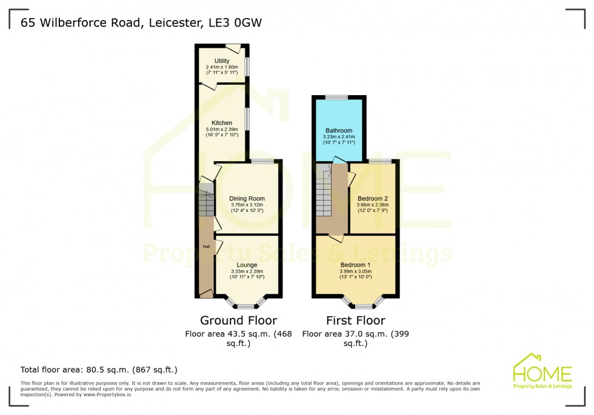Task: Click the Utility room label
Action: pos(222,61)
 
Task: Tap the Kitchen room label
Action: pos(222,123)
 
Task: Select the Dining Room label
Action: pos(247,198)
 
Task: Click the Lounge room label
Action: pos(247,265)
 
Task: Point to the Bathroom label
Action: pos(339,130)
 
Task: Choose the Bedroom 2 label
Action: pos(372,198)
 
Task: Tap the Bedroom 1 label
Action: pos(355,265)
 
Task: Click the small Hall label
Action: pos(206,247)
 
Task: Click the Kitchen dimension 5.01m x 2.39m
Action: pos(222,129)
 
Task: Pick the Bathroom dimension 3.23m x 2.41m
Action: pos(339,137)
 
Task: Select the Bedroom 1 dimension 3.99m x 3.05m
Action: pos(355,272)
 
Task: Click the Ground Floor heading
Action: pos(238,320)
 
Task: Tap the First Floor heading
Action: pos(355,320)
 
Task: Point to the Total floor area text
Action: pos(99,369)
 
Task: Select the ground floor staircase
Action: pos(207,202)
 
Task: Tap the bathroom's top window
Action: pos(336,97)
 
